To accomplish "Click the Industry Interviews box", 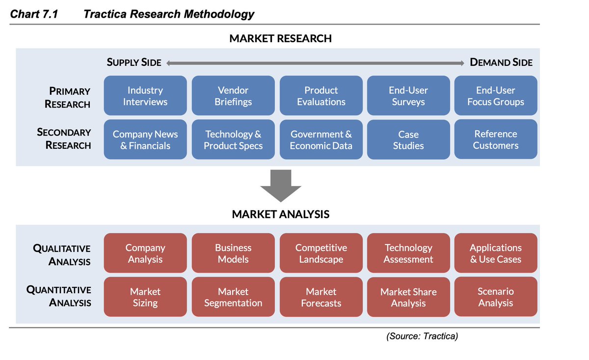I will coord(145,96).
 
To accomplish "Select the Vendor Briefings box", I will coord(233,96).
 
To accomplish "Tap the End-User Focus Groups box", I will coord(496,96).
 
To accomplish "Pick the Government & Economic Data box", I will coord(321,139).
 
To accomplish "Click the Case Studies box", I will coord(408,139).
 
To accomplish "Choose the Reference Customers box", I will coord(496,139).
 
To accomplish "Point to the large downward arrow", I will coord(280,185).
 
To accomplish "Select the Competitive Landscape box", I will coord(321,253).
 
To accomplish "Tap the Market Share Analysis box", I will coord(408,297).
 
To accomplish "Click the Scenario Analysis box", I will coord(496,297).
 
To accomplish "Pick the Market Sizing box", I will coord(145,297).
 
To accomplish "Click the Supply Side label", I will coord(134,62).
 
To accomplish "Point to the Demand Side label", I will coord(501,62).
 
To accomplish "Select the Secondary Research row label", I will coord(64,138).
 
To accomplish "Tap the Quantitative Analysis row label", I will coord(59,296).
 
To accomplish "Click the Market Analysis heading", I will coord(280,215).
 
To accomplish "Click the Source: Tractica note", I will coord(422,336).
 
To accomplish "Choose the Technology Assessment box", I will coord(408,253).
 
